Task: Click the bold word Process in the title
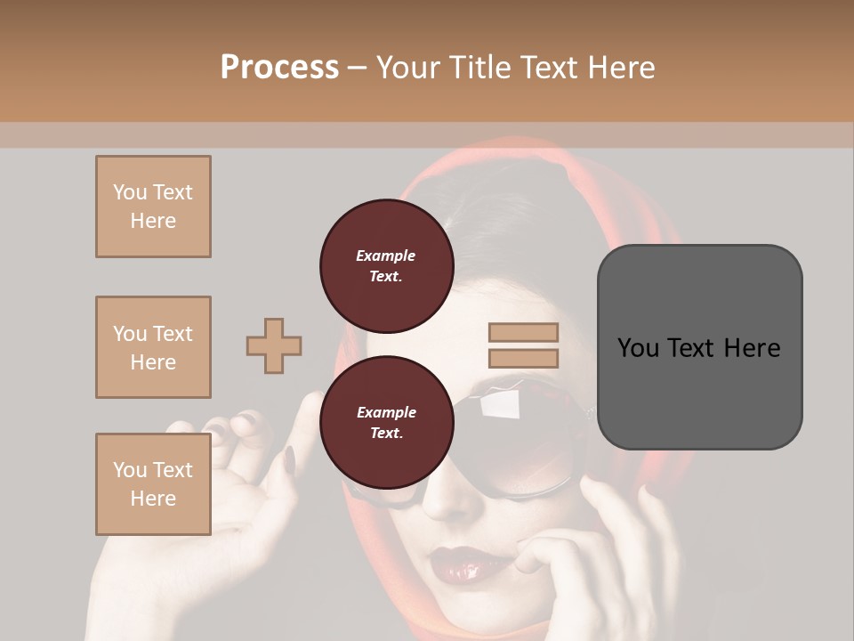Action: point(279,68)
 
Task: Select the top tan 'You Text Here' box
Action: point(153,207)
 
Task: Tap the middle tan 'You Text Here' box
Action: point(153,347)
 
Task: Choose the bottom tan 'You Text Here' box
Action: point(153,484)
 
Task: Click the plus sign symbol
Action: point(274,345)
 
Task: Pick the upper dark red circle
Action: point(386,265)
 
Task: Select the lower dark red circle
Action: point(386,422)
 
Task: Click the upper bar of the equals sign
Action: point(523,333)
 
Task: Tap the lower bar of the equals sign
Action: point(523,359)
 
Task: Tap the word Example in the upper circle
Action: point(385,256)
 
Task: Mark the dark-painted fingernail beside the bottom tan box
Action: point(290,459)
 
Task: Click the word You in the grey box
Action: point(637,348)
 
